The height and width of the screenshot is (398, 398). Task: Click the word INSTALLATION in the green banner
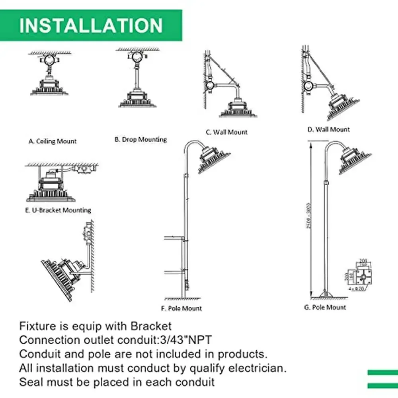(91, 25)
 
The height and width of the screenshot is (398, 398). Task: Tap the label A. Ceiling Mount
(53, 141)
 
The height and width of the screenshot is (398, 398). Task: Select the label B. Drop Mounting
(140, 139)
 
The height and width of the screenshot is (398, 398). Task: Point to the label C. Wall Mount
(227, 132)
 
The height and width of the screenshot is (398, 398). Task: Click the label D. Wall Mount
(329, 129)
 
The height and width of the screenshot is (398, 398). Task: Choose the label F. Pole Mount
(182, 308)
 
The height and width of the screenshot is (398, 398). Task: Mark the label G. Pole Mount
(325, 307)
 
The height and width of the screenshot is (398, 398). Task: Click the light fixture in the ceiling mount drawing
(50, 86)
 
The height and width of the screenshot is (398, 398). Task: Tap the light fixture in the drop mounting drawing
(138, 99)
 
